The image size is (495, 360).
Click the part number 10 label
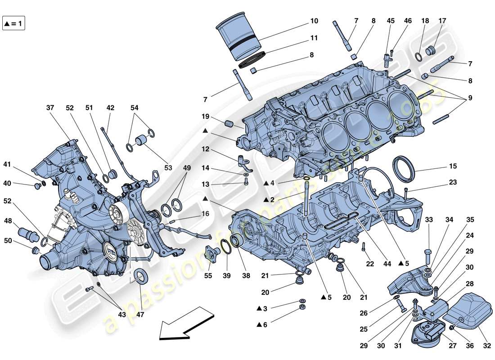pos(314,21)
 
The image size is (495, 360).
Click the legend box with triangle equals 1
pos(14,23)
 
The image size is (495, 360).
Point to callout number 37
pos(50,108)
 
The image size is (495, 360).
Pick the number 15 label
pos(452,166)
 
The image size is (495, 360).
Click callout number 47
pos(140,315)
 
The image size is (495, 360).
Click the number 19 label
pos(205,117)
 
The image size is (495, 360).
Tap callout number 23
pos(452,182)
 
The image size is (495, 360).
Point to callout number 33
pos(429,220)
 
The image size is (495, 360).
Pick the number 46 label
pos(408,21)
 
